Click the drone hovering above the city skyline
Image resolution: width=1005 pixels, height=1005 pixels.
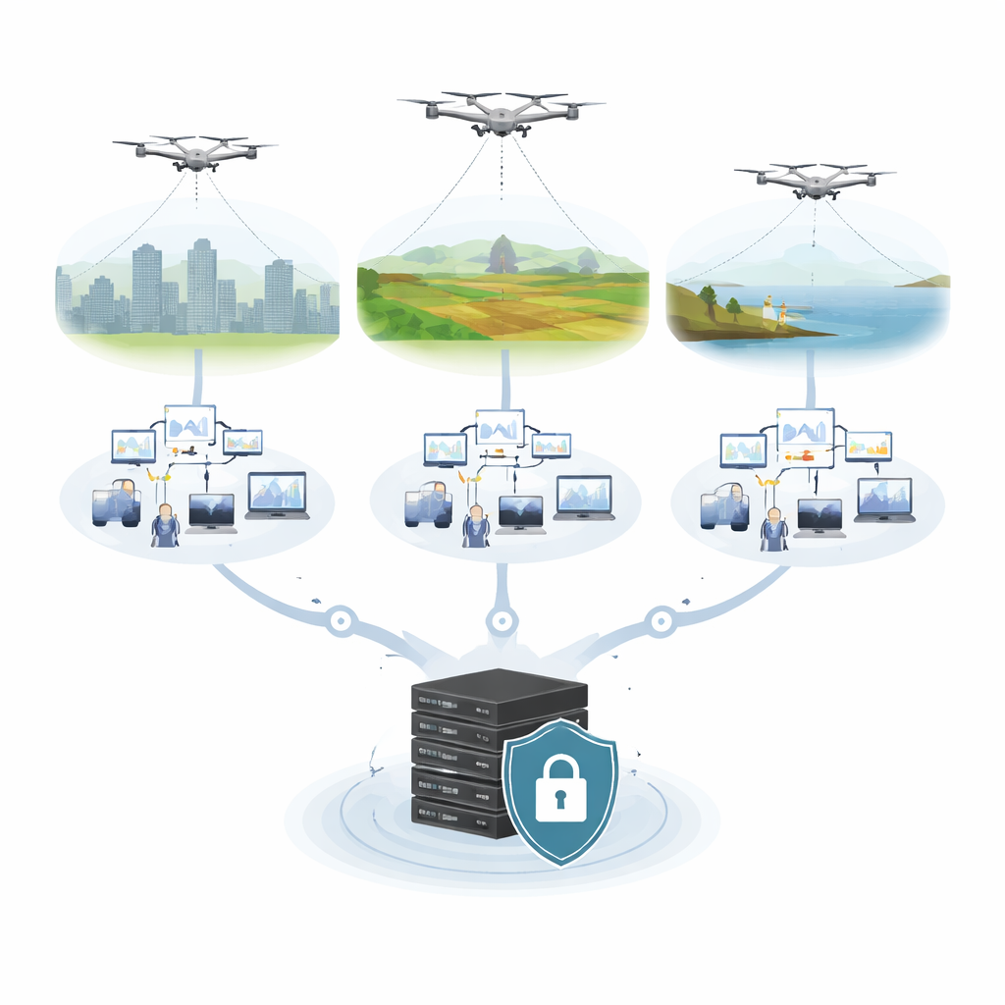(195, 153)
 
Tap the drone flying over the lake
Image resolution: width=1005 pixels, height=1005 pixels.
(815, 181)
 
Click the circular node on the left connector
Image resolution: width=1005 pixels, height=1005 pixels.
(341, 620)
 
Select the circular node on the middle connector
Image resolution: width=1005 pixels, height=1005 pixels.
(502, 620)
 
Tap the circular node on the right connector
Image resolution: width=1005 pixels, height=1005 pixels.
(661, 620)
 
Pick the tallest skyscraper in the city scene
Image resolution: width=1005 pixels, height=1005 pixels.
(201, 285)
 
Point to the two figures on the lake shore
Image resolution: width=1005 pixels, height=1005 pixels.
(776, 310)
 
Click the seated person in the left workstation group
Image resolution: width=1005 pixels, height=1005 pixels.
(165, 525)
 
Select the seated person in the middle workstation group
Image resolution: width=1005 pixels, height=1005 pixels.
(476, 525)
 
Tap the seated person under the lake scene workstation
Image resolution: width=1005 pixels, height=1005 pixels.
(773, 528)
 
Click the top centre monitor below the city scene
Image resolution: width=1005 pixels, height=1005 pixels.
(189, 424)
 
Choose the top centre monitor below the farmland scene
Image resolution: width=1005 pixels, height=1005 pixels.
(500, 428)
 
